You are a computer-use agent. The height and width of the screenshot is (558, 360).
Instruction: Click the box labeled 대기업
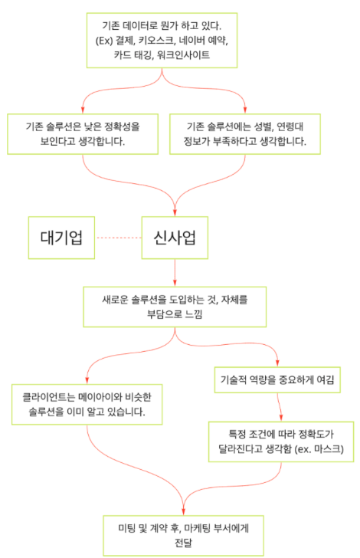point(61,238)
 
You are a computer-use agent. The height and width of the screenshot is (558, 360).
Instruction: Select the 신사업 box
point(175,238)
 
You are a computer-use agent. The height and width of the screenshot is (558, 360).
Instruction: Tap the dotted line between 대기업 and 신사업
point(118,238)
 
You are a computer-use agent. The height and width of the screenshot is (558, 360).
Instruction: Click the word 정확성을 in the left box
point(122,126)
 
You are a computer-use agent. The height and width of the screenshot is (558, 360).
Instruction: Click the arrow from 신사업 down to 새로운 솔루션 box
point(175,273)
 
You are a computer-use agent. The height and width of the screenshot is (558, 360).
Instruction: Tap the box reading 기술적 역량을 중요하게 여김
point(277,379)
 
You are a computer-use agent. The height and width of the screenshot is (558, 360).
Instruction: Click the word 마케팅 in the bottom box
point(198,528)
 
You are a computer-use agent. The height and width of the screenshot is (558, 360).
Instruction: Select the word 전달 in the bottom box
point(183,543)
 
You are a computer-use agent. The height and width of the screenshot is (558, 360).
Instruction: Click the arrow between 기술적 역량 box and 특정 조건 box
point(280,407)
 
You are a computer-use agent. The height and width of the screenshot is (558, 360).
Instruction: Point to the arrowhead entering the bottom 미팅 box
point(183,511)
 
